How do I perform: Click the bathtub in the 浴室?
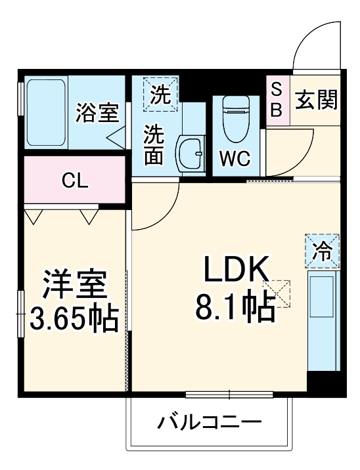pyautogui.click(x=46, y=112)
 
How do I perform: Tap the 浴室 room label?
pyautogui.click(x=97, y=113)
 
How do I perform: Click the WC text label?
pyautogui.click(x=235, y=158)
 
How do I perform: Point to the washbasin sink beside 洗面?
pyautogui.click(x=191, y=154)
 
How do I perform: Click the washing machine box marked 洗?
pyautogui.click(x=160, y=95)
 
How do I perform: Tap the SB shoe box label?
pyautogui.click(x=277, y=100)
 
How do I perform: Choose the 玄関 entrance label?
pyautogui.click(x=316, y=100)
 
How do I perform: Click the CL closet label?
pyautogui.click(x=75, y=181)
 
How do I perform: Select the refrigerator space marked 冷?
pyautogui.click(x=322, y=251)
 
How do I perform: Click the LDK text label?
pyautogui.click(x=236, y=269)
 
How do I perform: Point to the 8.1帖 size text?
pyautogui.click(x=235, y=308)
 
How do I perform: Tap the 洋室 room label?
pyautogui.click(x=75, y=284)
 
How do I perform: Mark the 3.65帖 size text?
pyautogui.click(x=74, y=318)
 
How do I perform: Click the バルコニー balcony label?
pyautogui.click(x=210, y=422)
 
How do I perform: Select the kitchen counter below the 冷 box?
pyautogui.click(x=323, y=321)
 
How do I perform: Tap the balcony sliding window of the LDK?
pyautogui.click(x=229, y=395)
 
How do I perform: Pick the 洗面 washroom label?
pyautogui.click(x=154, y=145)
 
